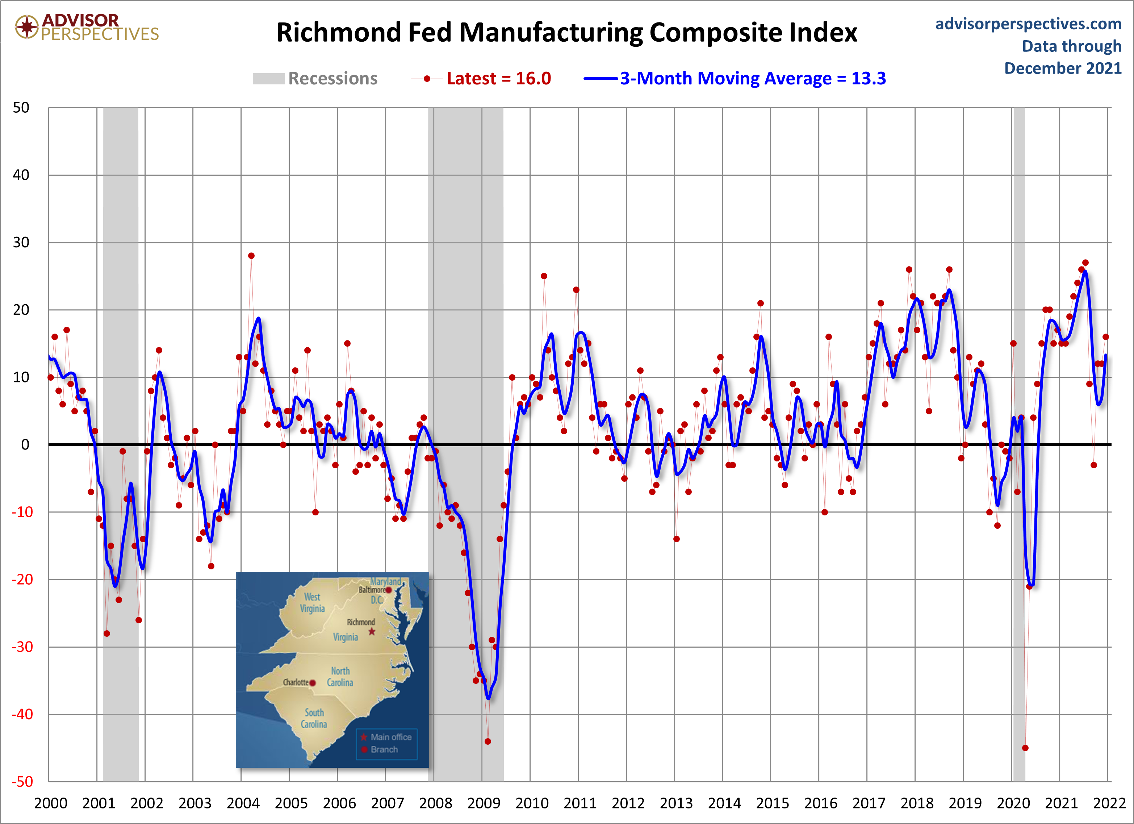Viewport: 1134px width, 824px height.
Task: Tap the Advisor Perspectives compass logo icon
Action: (27, 26)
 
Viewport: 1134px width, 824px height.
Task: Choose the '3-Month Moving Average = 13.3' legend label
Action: (753, 79)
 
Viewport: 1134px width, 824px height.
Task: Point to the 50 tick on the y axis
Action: (21, 108)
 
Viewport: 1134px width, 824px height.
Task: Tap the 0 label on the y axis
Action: (25, 444)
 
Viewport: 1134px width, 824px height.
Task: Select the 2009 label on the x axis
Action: (484, 803)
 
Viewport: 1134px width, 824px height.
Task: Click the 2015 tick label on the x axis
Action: (773, 803)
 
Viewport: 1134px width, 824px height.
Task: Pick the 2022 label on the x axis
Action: (1109, 803)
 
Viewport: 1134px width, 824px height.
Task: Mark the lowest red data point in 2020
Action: (1025, 748)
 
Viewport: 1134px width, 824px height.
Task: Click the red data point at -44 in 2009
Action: (488, 741)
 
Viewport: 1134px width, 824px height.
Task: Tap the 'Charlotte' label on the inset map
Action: (296, 682)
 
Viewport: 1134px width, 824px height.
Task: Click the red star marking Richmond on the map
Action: (372, 632)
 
